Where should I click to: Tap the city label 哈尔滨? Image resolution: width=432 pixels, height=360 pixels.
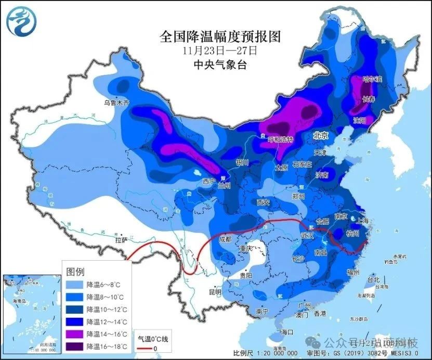point(372,79)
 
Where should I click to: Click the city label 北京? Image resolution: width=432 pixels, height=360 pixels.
point(321,135)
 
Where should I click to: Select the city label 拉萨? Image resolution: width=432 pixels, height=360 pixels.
point(121,240)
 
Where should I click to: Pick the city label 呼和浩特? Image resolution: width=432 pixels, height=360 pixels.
point(280,140)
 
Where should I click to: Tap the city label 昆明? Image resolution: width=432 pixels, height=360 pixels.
point(215,292)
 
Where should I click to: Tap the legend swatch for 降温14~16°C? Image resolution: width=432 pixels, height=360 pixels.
point(75,334)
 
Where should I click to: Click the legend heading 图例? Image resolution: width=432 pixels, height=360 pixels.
point(76,272)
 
